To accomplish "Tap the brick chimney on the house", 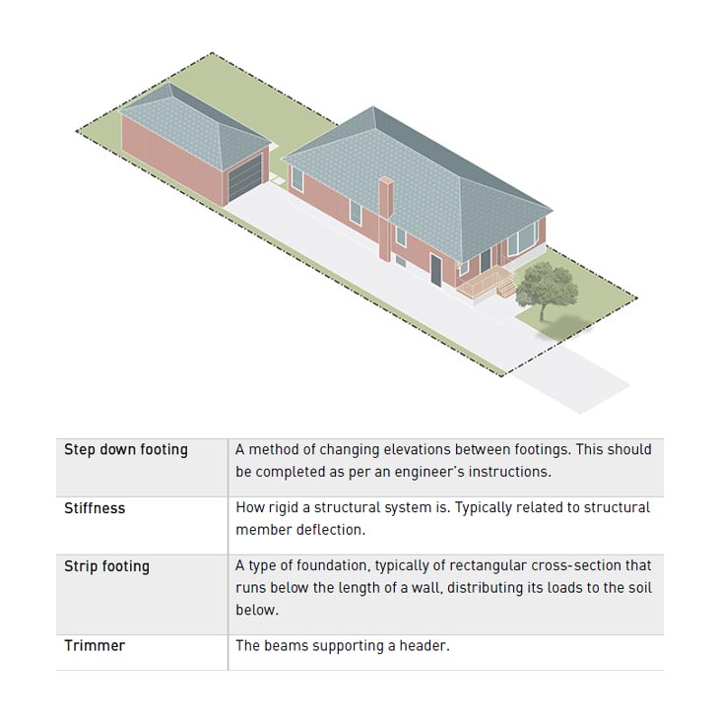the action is pyautogui.click(x=385, y=219).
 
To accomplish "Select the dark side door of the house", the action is pyautogui.click(x=435, y=269).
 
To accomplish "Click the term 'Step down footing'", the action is pyautogui.click(x=125, y=449).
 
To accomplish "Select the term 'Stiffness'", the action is pyautogui.click(x=95, y=508).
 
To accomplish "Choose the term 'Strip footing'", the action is pyautogui.click(x=106, y=566).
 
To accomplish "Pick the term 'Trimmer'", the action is pyautogui.click(x=95, y=646).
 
